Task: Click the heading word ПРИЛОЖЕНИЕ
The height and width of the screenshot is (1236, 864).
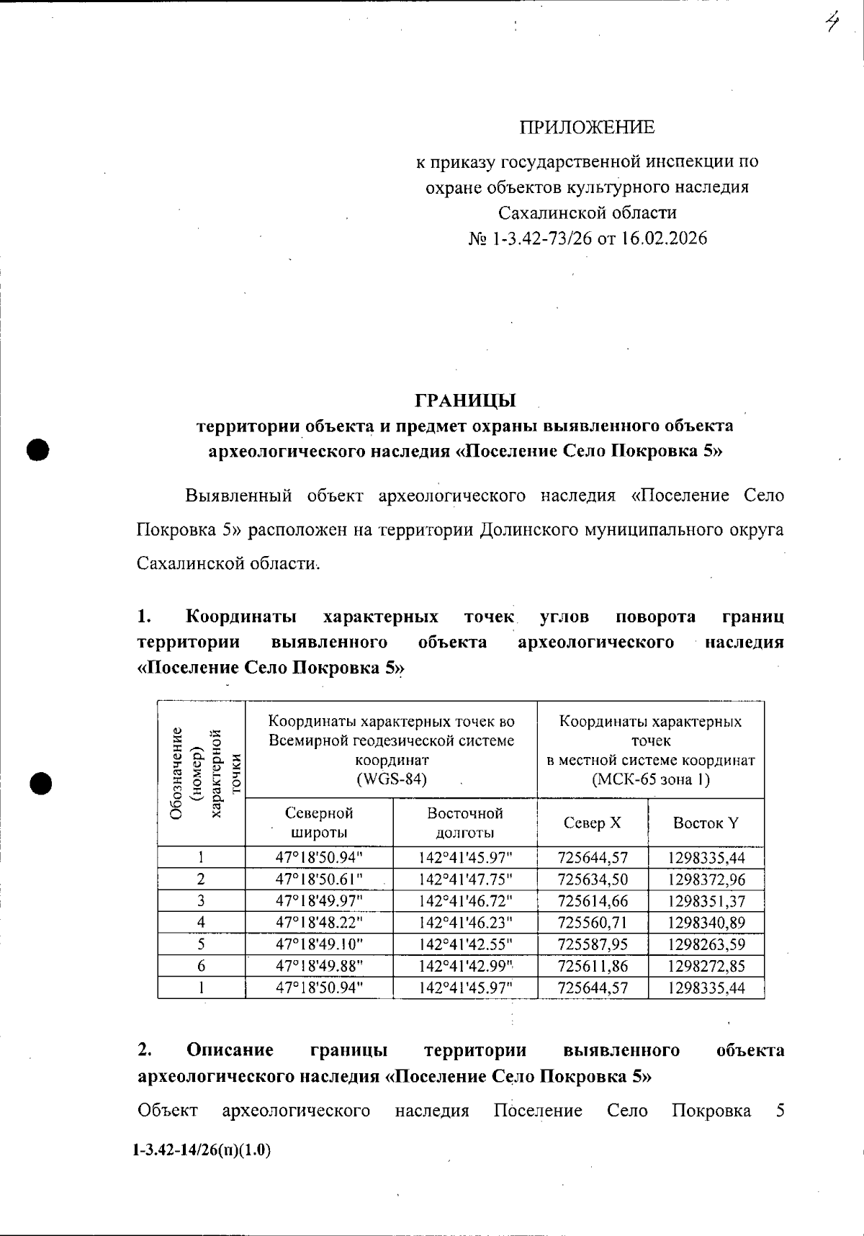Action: (588, 127)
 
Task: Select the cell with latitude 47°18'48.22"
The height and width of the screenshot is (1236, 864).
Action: (319, 923)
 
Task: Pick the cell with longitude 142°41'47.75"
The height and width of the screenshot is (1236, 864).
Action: (465, 879)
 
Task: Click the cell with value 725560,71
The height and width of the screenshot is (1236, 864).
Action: (593, 923)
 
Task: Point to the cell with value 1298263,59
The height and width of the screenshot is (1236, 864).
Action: (706, 944)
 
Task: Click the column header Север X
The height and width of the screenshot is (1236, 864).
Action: (592, 823)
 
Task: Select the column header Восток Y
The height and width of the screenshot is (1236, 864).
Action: (706, 823)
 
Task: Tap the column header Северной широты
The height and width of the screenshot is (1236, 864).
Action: (319, 823)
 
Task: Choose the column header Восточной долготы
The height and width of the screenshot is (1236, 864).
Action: (465, 823)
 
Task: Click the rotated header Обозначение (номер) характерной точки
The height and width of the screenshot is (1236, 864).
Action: (202, 774)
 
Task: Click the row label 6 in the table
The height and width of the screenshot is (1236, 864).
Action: (201, 966)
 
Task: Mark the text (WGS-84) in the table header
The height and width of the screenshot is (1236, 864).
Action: (392, 779)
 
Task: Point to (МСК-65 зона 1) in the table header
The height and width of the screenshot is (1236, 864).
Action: (650, 779)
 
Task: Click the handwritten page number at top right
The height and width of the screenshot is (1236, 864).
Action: (832, 23)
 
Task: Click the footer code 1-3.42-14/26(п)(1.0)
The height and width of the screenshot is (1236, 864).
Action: (202, 1150)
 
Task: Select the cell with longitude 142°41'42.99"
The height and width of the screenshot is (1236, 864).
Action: (465, 966)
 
